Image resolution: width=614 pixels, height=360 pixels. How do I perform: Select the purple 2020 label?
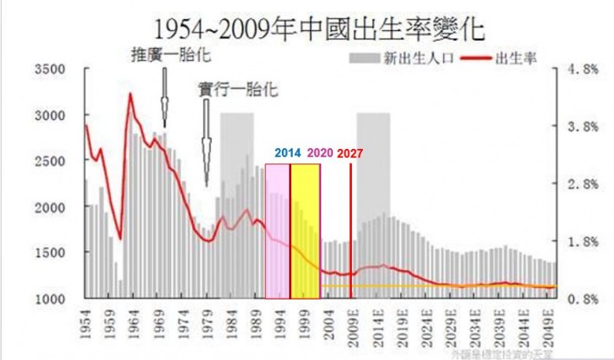point(320,154)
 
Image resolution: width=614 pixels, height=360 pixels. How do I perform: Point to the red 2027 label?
point(350,154)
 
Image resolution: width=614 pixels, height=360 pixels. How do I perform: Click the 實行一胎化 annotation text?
point(238,89)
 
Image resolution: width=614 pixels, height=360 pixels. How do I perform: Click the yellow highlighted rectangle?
point(305,231)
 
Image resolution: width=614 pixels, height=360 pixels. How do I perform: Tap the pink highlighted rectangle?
point(277,231)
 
